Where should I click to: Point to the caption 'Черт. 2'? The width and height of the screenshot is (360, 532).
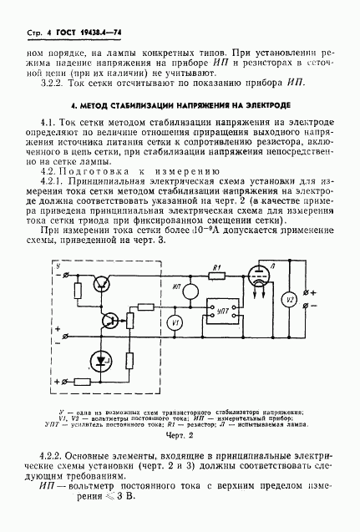[x=180, y=434]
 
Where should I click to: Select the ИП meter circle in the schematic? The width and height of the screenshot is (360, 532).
[x=190, y=291]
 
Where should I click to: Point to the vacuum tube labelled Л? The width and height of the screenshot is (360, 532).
[x=260, y=282]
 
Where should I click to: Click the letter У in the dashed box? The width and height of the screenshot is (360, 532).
[x=56, y=265]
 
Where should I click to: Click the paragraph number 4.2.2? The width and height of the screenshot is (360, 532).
[x=53, y=455]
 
